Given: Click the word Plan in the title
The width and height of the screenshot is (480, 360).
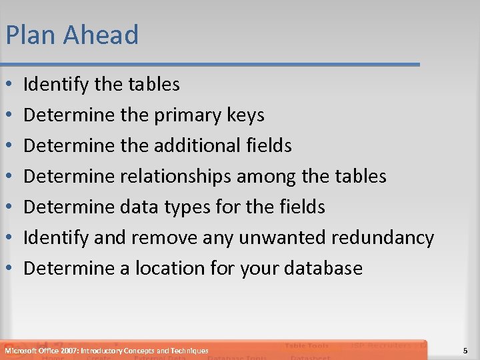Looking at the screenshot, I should (x=29, y=35).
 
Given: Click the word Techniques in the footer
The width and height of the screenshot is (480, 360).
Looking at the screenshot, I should (x=188, y=351).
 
